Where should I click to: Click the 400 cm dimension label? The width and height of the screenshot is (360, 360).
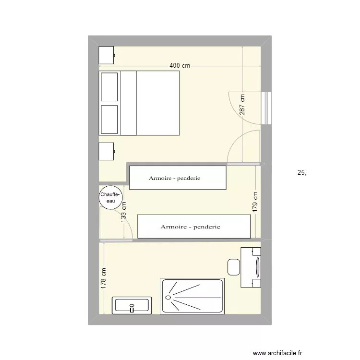pyautogui.click(x=180, y=66)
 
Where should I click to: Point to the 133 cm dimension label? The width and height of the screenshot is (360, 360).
pyautogui.click(x=124, y=211)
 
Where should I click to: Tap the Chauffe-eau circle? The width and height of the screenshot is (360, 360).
pyautogui.click(x=111, y=198)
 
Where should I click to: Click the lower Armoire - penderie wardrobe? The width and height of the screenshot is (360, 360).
pyautogui.click(x=194, y=227)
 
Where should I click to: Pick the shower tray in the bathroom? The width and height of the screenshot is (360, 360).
pyautogui.click(x=192, y=296)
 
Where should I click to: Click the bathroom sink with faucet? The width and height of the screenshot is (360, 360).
pyautogui.click(x=132, y=305)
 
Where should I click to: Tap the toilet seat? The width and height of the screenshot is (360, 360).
pyautogui.click(x=234, y=267)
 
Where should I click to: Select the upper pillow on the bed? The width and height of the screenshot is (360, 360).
pyautogui.click(x=109, y=87)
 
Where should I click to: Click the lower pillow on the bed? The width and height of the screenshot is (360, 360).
pyautogui.click(x=109, y=119)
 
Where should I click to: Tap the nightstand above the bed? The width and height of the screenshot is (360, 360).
pyautogui.click(x=106, y=55)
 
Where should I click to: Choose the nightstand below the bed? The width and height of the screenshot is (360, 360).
pyautogui.click(x=106, y=151)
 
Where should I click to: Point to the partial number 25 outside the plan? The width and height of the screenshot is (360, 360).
pyautogui.click(x=301, y=172)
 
